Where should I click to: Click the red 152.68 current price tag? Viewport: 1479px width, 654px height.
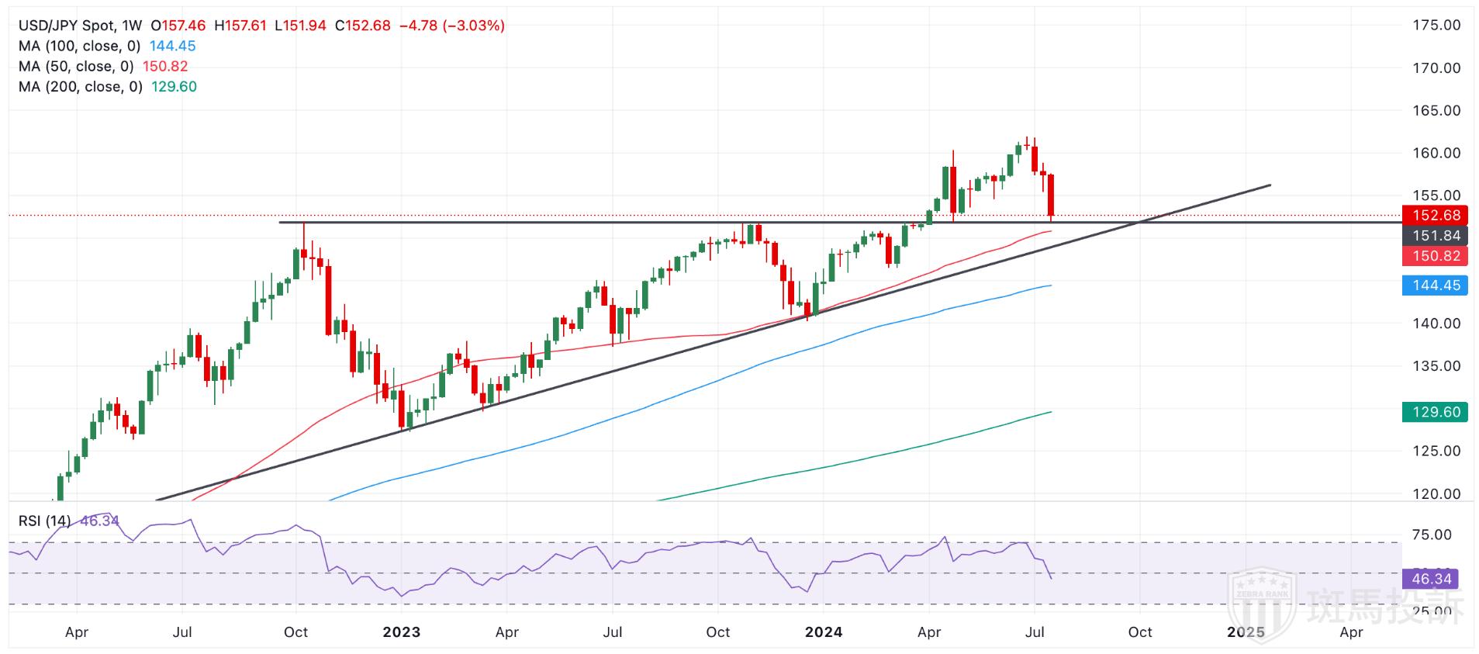pos(1436,216)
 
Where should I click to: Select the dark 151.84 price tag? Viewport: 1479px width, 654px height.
pos(1436,236)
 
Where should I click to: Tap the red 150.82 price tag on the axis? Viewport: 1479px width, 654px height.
pos(1436,256)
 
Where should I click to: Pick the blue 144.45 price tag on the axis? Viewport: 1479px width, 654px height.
pos(1436,285)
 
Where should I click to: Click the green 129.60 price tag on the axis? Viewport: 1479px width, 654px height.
pos(1436,412)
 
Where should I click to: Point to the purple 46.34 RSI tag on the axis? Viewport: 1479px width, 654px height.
pos(1431,579)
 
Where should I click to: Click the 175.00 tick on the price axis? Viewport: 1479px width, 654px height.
pos(1436,26)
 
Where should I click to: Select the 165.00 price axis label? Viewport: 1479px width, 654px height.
pos(1436,111)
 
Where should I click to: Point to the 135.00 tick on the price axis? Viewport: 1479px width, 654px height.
pos(1436,366)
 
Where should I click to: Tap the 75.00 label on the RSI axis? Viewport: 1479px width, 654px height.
pos(1432,535)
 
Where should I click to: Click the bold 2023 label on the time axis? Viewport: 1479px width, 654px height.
pos(402,632)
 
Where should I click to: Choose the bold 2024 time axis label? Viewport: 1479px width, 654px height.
pos(824,632)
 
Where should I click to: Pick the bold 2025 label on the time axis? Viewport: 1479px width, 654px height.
pos(1246,632)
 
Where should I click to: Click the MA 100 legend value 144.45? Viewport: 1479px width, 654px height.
pos(172,47)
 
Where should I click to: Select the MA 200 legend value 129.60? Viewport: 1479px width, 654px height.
pos(174,87)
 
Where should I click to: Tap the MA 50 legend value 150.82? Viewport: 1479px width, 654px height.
pos(164,67)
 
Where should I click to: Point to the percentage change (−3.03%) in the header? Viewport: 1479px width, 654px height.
pos(473,26)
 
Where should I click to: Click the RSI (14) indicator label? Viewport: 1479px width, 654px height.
pos(44,521)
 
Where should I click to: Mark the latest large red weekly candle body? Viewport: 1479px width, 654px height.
pos(1051,195)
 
